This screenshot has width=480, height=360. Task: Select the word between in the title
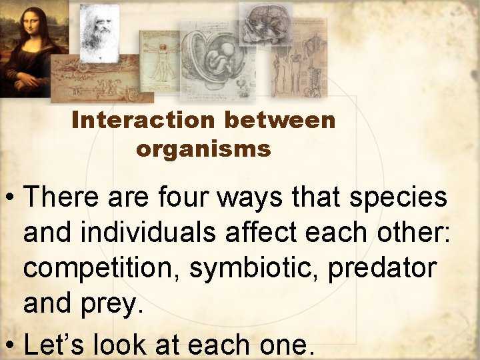[280, 121]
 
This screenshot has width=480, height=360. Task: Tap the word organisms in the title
[203, 149]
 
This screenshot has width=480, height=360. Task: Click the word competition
[100, 269]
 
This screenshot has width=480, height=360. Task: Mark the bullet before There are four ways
[10, 198]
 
